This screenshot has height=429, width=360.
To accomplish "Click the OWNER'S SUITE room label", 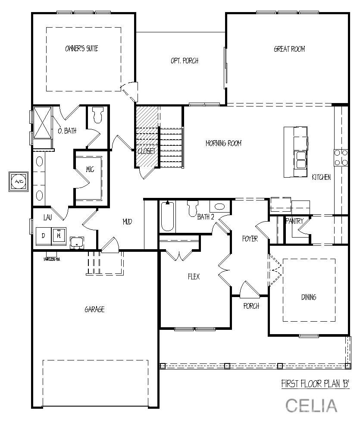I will [x=81, y=49].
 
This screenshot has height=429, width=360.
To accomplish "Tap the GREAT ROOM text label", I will [x=289, y=49].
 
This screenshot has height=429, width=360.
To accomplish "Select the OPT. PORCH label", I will [x=185, y=61].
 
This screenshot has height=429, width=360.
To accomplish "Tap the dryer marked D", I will [x=43, y=236].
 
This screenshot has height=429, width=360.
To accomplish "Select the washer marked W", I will [x=58, y=236].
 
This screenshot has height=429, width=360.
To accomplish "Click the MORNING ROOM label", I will [x=223, y=143].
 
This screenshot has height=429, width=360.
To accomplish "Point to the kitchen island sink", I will [x=301, y=159].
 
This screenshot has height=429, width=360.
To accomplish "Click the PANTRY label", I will [x=294, y=221].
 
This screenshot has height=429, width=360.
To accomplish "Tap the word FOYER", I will [x=250, y=238].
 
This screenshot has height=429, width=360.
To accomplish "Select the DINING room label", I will [x=309, y=297].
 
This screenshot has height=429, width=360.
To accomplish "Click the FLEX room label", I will [x=194, y=277].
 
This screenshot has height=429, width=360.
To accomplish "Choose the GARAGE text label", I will [x=94, y=309].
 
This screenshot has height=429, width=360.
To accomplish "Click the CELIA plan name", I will [x=311, y=405].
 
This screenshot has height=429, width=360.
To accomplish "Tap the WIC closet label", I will [x=90, y=169].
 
